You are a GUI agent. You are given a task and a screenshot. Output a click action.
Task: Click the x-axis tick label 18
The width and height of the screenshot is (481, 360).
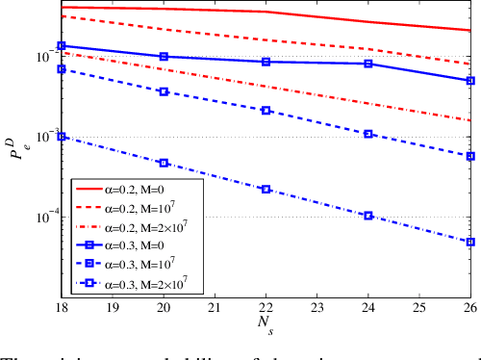[61, 305]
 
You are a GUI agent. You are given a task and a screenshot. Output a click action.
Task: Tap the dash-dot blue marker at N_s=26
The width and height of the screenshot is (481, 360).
[470, 242]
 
